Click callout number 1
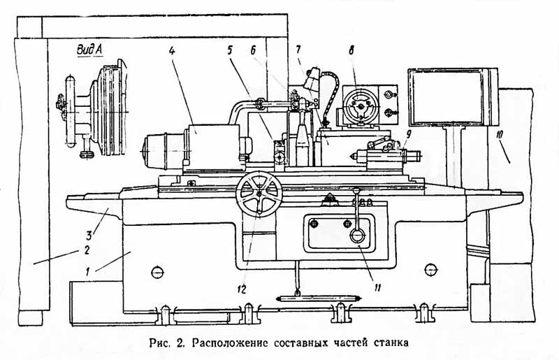(87, 269)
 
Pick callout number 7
(298, 50)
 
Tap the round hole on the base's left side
(156, 272)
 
